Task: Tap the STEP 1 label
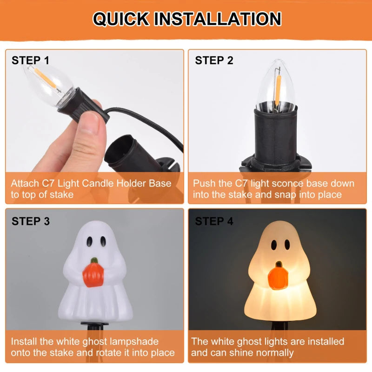tap(30, 60)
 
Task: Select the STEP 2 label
tap(214, 60)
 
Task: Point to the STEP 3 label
tap(31, 221)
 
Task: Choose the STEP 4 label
tap(214, 221)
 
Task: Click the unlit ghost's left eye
tap(88, 241)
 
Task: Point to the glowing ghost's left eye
tap(274, 244)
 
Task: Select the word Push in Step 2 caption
tap(204, 183)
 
